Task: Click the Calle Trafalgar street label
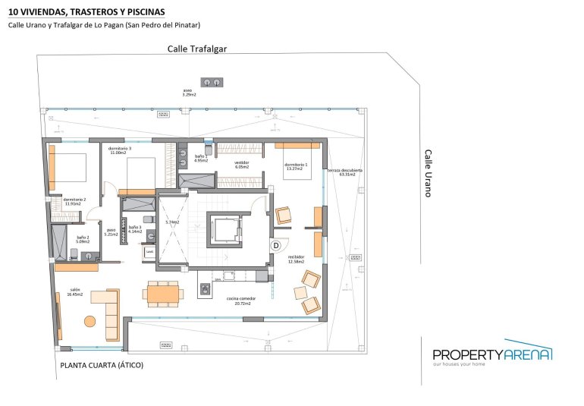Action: pos(197,49)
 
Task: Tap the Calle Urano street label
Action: pos(428,173)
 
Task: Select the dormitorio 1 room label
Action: pos(295,166)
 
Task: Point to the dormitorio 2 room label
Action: pos(74,201)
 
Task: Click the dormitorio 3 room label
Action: pos(120,150)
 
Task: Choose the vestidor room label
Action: pos(241,164)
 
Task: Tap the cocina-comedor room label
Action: pos(240,301)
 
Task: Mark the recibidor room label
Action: pos(296,260)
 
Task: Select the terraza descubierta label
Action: pos(345,172)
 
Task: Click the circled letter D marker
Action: pos(276,245)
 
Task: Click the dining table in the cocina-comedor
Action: pos(163,293)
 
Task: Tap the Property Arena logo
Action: pos(491,354)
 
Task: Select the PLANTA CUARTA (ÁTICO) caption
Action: pos(101,365)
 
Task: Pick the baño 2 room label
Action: pos(83,240)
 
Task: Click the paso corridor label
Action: pos(111,231)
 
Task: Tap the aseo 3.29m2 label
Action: pos(189,93)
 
